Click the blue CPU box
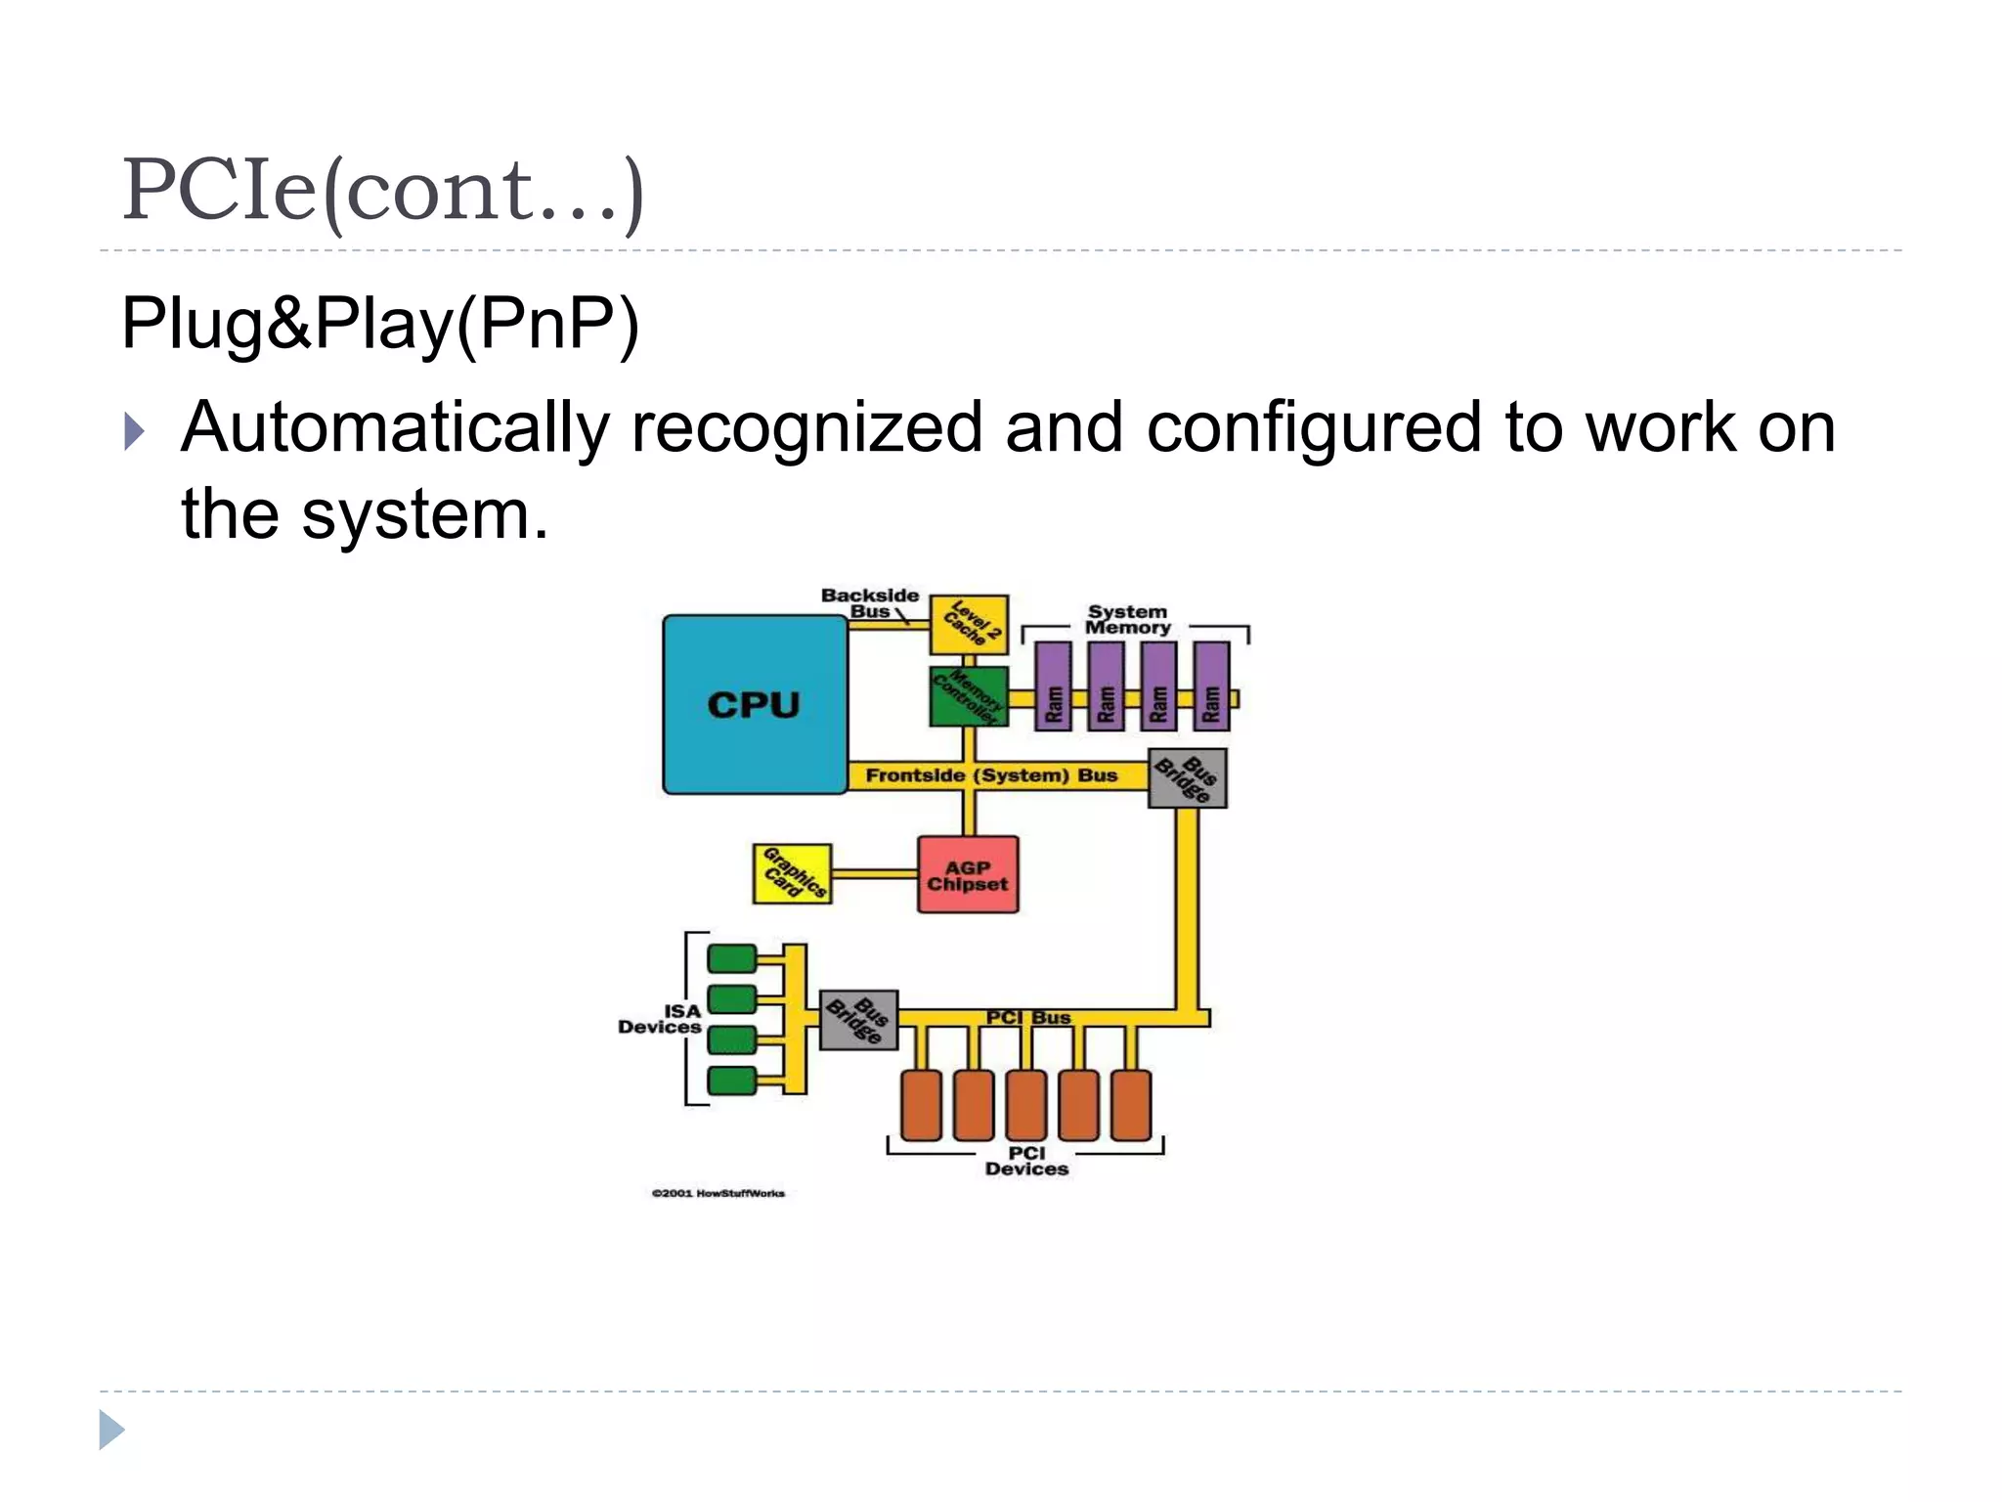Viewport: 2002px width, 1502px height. click(754, 704)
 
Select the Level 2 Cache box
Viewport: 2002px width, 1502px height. click(969, 624)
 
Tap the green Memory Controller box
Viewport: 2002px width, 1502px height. click(968, 696)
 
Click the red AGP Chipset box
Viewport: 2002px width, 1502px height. click(968, 875)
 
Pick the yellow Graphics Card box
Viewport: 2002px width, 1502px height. click(793, 874)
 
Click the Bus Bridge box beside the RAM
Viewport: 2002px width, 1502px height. click(1187, 778)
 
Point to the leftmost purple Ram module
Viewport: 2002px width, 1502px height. click(1053, 686)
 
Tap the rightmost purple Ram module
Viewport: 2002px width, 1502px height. click(1211, 686)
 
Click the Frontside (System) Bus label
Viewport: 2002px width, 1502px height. click(991, 775)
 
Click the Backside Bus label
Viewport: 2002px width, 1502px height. click(869, 602)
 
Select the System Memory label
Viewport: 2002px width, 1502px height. click(1128, 620)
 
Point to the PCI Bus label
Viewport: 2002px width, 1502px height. click(1028, 1017)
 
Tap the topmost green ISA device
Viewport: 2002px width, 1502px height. click(732, 958)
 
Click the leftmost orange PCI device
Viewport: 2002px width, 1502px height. click(921, 1105)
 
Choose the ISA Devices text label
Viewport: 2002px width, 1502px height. click(661, 1019)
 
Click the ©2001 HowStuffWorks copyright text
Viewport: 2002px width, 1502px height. click(718, 1193)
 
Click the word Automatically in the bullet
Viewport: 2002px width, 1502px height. click(395, 428)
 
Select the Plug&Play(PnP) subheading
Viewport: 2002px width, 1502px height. click(379, 323)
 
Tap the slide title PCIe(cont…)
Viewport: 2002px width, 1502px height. click(383, 190)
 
